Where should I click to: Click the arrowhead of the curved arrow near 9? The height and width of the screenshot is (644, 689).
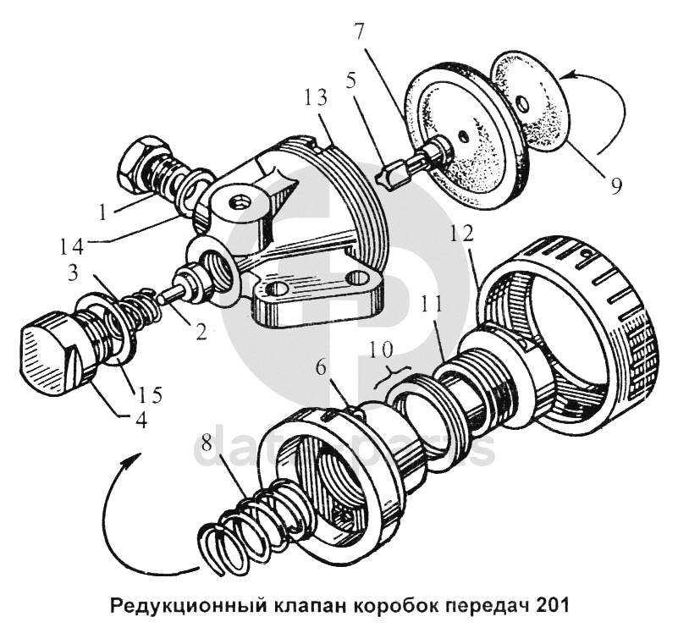(565, 78)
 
